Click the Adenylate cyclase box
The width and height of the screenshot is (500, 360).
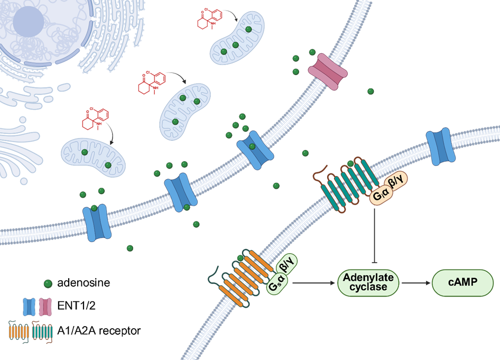click(x=369, y=283)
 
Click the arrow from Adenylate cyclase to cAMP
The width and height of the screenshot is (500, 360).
click(x=416, y=283)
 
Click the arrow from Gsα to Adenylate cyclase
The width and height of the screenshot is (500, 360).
click(x=314, y=283)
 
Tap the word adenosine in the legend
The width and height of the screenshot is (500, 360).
click(x=86, y=283)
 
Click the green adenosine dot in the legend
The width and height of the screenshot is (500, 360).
click(x=48, y=283)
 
